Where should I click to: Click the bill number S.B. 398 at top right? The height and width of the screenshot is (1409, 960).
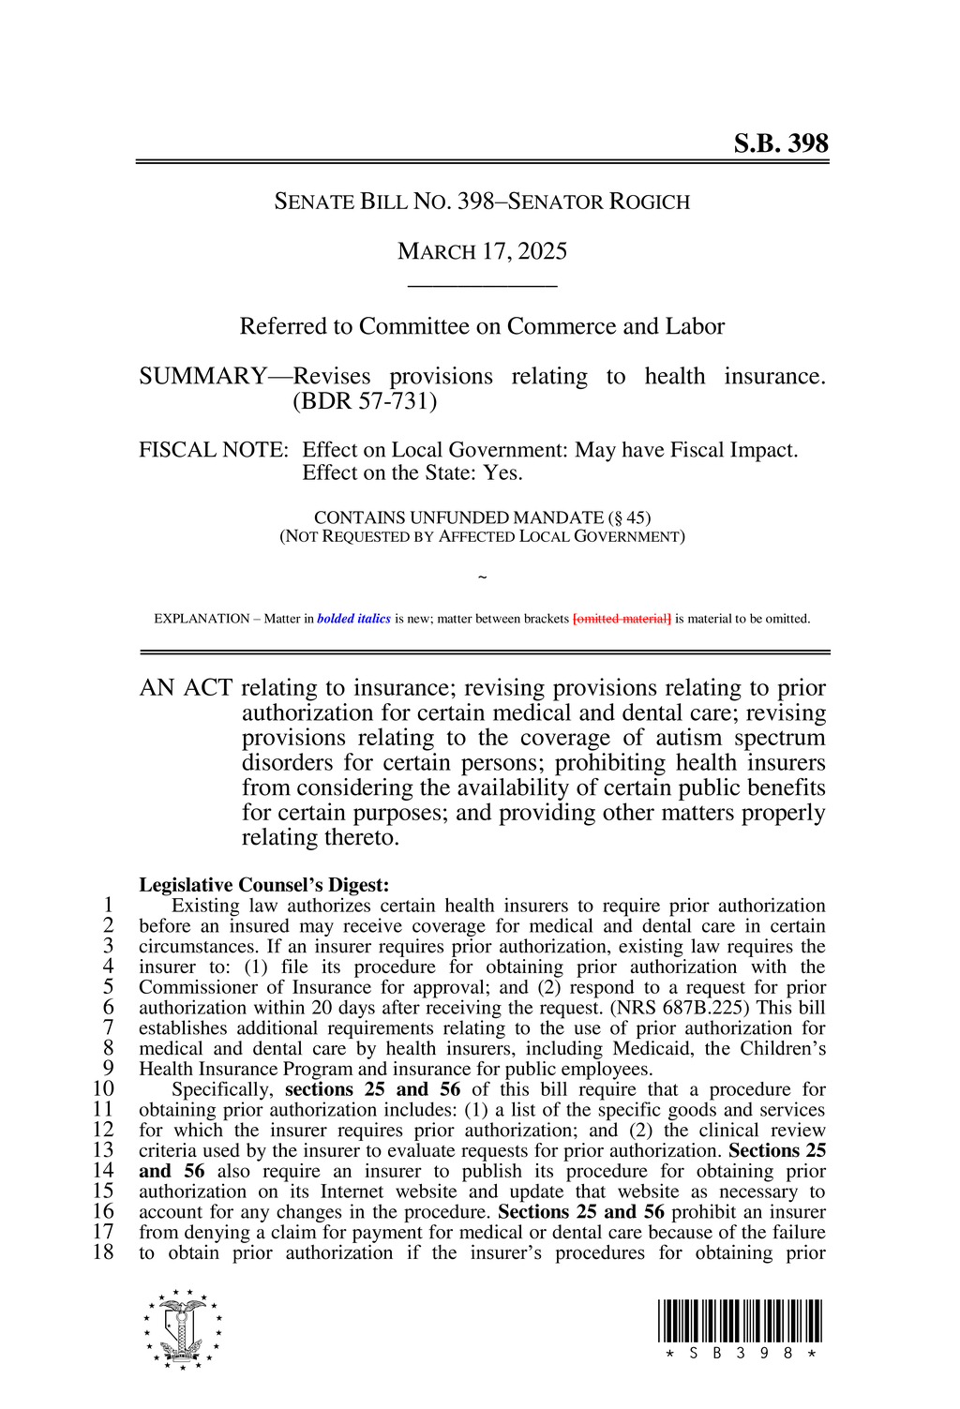click(780, 143)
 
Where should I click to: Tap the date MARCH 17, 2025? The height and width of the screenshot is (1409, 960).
click(482, 251)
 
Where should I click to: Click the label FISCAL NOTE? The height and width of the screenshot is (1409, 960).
click(213, 450)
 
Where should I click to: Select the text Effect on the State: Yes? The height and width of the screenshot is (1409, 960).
click(412, 473)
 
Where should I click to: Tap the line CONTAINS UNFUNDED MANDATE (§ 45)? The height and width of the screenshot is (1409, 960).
click(482, 517)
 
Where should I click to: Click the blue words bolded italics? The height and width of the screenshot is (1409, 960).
click(353, 619)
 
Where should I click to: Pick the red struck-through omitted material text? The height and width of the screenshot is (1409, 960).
click(622, 619)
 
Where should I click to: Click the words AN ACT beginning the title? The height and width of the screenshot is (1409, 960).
click(186, 688)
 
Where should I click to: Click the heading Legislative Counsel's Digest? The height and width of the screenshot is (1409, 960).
click(263, 885)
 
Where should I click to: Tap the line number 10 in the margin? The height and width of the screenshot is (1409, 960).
click(103, 1089)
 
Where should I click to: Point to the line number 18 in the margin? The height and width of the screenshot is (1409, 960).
click(103, 1252)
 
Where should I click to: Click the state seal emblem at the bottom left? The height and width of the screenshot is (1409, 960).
click(183, 1329)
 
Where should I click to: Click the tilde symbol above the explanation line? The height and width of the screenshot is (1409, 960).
click(482, 577)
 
